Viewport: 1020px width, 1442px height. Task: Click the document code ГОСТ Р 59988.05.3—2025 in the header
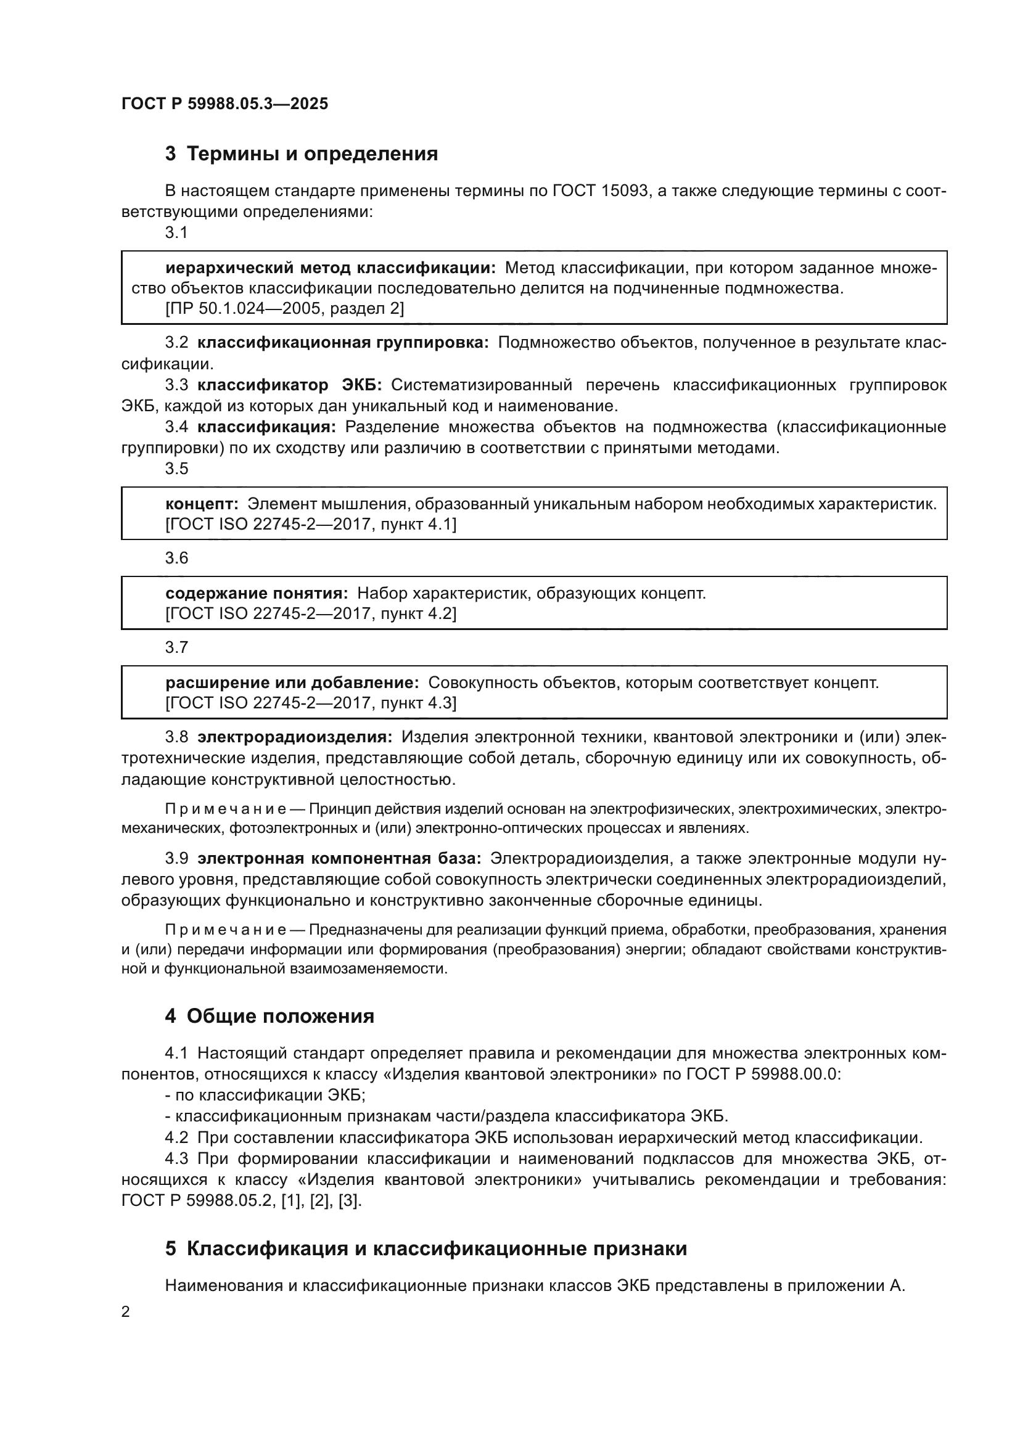tap(224, 104)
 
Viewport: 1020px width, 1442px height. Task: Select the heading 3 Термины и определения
tap(301, 154)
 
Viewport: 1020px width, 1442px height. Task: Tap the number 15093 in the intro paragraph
tap(625, 191)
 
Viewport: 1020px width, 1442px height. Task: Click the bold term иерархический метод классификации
tap(331, 269)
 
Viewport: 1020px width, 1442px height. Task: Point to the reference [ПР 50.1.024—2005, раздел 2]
tap(284, 308)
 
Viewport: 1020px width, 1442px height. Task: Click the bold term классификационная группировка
tap(343, 343)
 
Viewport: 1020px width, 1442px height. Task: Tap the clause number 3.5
tap(176, 469)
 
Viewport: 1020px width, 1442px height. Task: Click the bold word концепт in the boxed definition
tap(202, 504)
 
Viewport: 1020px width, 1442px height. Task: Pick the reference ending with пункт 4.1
tap(310, 525)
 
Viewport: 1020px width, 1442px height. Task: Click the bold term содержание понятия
tap(257, 594)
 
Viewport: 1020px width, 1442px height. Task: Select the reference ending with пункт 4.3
tap(310, 703)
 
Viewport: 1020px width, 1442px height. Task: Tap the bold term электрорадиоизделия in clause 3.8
tap(295, 737)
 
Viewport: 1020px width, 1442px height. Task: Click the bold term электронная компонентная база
tap(339, 859)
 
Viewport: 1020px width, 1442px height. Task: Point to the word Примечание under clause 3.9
tap(226, 930)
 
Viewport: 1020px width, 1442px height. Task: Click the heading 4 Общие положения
tap(269, 1017)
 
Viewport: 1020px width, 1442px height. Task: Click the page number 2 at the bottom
tap(126, 1311)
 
